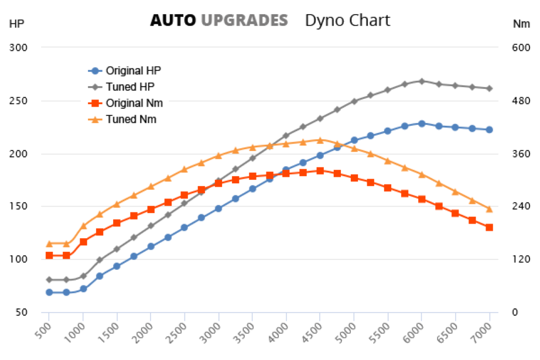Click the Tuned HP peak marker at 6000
click(422, 81)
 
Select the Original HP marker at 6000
click(422, 124)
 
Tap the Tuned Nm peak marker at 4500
click(320, 139)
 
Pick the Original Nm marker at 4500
click(320, 170)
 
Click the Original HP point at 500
click(49, 292)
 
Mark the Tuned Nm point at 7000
click(489, 209)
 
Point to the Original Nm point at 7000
click(489, 227)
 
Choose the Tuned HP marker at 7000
click(489, 88)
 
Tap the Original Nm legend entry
click(134, 103)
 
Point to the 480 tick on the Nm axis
click(521, 101)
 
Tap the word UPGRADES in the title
click(244, 20)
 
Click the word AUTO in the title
click(173, 20)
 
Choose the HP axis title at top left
click(16, 24)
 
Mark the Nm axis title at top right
click(521, 24)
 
